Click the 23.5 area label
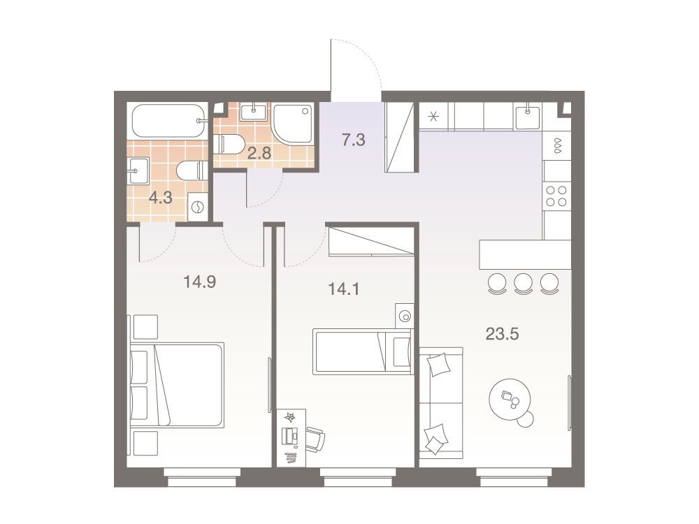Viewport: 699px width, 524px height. click(x=502, y=334)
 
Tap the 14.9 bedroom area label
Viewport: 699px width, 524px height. click(x=200, y=282)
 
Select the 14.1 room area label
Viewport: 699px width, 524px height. click(x=344, y=289)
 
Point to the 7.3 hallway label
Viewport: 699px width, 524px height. click(x=354, y=140)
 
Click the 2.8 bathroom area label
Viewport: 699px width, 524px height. click(x=259, y=153)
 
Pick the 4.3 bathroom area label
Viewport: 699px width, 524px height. click(x=161, y=198)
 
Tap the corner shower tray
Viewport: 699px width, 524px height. click(x=293, y=124)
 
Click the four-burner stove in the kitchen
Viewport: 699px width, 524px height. click(x=556, y=196)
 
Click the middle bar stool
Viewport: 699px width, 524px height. click(x=524, y=284)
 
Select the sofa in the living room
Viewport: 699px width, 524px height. click(x=441, y=402)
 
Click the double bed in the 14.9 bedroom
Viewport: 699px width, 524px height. click(x=177, y=386)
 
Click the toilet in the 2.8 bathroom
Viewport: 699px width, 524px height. click(x=228, y=145)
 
